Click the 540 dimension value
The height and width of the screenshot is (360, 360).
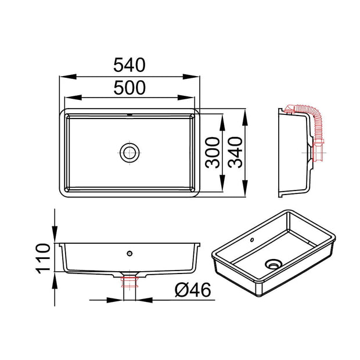[129, 65]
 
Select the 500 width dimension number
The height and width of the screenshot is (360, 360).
[129, 88]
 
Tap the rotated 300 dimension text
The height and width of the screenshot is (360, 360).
[213, 153]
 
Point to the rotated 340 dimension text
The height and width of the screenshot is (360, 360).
[235, 153]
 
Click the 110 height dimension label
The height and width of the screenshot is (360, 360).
[43, 258]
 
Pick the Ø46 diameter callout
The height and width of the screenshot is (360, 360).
[193, 290]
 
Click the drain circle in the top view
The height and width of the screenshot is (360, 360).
[129, 153]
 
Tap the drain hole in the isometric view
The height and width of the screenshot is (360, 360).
[273, 264]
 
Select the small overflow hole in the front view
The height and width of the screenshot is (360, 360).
[129, 254]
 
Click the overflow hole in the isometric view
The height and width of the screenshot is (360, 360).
[252, 240]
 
